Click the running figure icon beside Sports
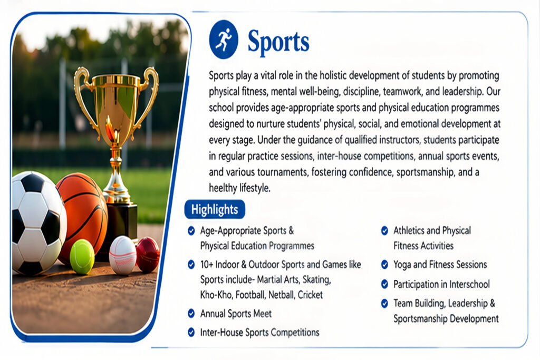tap(224, 39)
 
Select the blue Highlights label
tap(215, 209)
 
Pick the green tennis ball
tap(82, 257)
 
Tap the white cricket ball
tap(123, 255)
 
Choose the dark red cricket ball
tap(148, 255)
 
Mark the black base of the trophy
tap(121, 223)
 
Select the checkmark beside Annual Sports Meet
tap(191, 314)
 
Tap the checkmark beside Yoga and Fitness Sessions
tap(384, 264)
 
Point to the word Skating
tap(316, 280)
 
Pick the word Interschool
tap(469, 284)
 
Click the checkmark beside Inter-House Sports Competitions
tap(191, 332)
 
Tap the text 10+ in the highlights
tap(206, 265)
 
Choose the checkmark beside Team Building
tap(384, 303)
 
